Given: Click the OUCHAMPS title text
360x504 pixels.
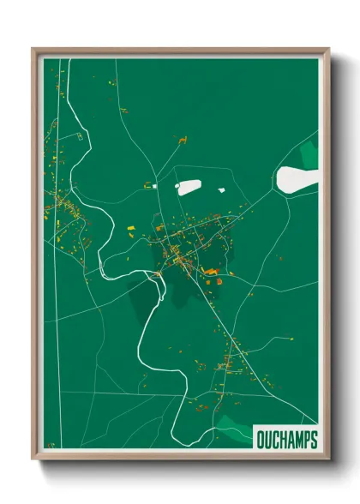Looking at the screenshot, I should point(286,440).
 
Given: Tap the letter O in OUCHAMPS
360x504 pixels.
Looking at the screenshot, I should point(261,440).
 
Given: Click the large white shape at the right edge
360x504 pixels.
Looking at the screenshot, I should point(295,178).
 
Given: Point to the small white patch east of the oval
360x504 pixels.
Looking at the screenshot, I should point(221,190).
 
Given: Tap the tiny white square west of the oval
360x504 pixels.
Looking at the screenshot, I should point(147,184).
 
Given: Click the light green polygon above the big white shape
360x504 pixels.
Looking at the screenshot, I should point(309,155).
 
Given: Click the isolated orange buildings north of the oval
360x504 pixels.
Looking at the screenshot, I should point(182,139).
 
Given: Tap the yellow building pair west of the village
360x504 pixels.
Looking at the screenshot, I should point(131,227).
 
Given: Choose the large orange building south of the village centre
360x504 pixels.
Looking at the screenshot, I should point(211,272).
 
